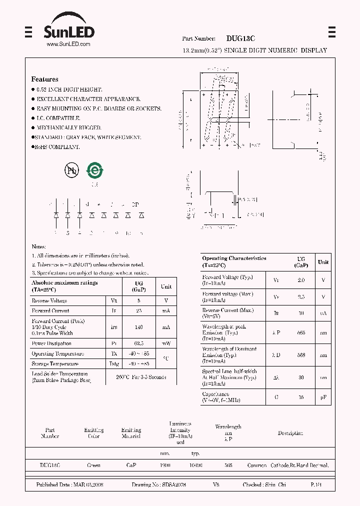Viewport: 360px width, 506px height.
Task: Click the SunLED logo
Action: (x=69, y=32)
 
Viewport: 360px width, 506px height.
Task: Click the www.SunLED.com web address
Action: (x=68, y=44)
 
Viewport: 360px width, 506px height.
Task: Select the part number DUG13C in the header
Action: (x=240, y=38)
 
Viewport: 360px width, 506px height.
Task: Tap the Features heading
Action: (x=44, y=79)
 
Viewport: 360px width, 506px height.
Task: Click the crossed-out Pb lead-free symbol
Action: (x=72, y=170)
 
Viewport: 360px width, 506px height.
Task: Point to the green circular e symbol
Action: (x=94, y=170)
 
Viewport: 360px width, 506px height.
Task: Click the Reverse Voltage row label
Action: (x=49, y=301)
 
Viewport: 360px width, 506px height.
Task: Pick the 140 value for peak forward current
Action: (x=139, y=327)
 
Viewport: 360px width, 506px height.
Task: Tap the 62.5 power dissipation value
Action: (x=139, y=343)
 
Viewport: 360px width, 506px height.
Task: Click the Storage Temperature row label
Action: (x=55, y=364)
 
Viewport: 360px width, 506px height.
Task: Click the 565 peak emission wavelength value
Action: (x=300, y=332)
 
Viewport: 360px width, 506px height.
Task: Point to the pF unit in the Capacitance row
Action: (x=323, y=397)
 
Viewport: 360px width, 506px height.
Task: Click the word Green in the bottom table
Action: (x=93, y=465)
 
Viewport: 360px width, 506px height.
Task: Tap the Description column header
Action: (x=290, y=433)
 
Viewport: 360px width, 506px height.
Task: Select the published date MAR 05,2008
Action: (x=69, y=485)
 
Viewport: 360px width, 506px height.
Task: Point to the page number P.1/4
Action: (x=316, y=485)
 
